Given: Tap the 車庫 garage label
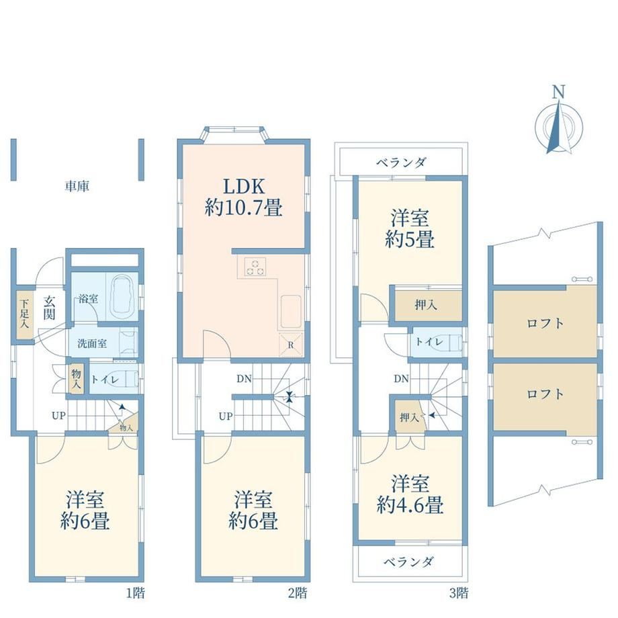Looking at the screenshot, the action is coord(77,186).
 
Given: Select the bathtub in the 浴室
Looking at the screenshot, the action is coord(124,296).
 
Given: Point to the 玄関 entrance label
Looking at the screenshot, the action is coord(49,308).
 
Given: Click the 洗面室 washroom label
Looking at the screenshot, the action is coord(92,343).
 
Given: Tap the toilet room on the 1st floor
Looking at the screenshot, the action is coord(114,379).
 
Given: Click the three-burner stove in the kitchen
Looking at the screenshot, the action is coord(255,267).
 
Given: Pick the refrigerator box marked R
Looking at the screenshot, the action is coord(291,345).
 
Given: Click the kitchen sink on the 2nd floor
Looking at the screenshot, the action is coord(292,312).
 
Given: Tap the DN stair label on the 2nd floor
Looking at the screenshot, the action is coord(244,379).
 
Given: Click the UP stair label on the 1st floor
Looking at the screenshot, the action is coord(58,415).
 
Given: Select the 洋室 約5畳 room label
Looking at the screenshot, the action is coord(410,228).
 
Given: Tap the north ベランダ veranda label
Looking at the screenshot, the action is coord(401,162).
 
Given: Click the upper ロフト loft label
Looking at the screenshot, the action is coord(545,324).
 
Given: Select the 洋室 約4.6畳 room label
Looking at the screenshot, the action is coord(410,494).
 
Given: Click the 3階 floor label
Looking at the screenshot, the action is coord(459,592).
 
